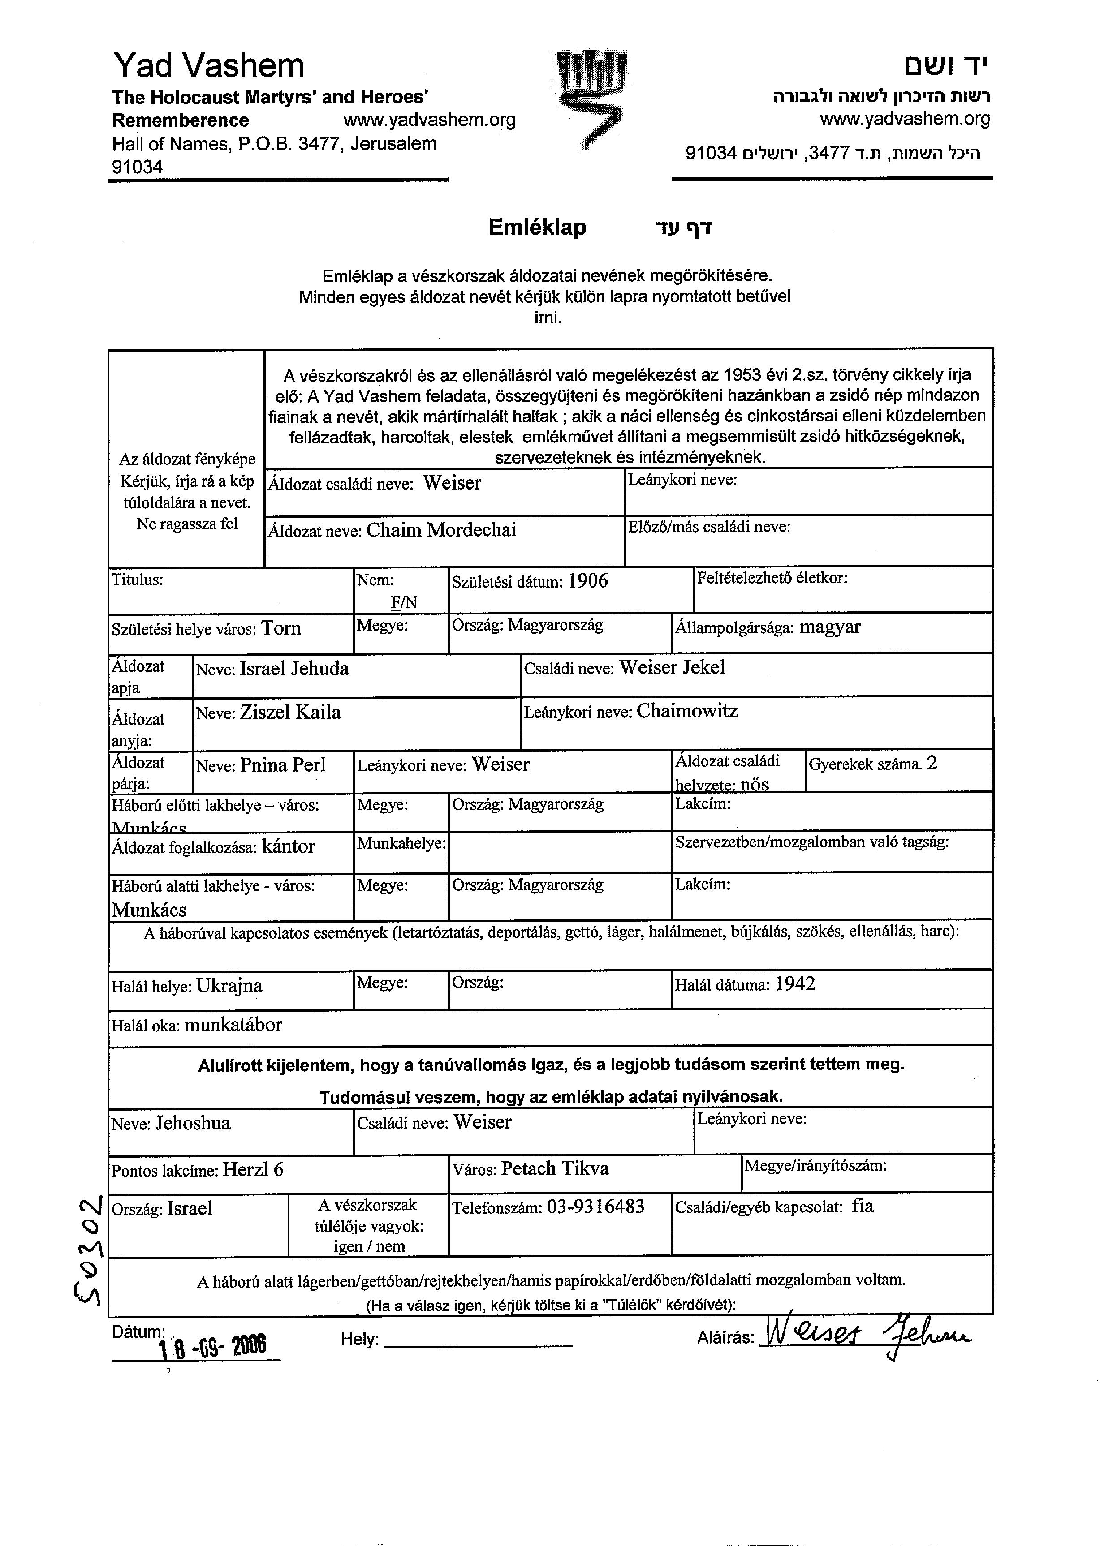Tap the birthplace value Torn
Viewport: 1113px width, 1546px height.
click(281, 628)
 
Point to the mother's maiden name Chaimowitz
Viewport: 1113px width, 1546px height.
click(687, 712)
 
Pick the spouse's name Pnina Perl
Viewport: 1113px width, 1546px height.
click(282, 765)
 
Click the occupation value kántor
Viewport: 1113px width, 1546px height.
click(289, 846)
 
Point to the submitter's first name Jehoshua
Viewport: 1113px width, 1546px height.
click(193, 1123)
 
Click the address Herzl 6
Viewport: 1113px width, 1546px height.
click(253, 1170)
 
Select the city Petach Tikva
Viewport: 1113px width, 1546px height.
click(554, 1168)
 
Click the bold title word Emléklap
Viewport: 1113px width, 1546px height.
click(537, 227)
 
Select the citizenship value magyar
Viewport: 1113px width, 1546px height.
click(829, 627)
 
